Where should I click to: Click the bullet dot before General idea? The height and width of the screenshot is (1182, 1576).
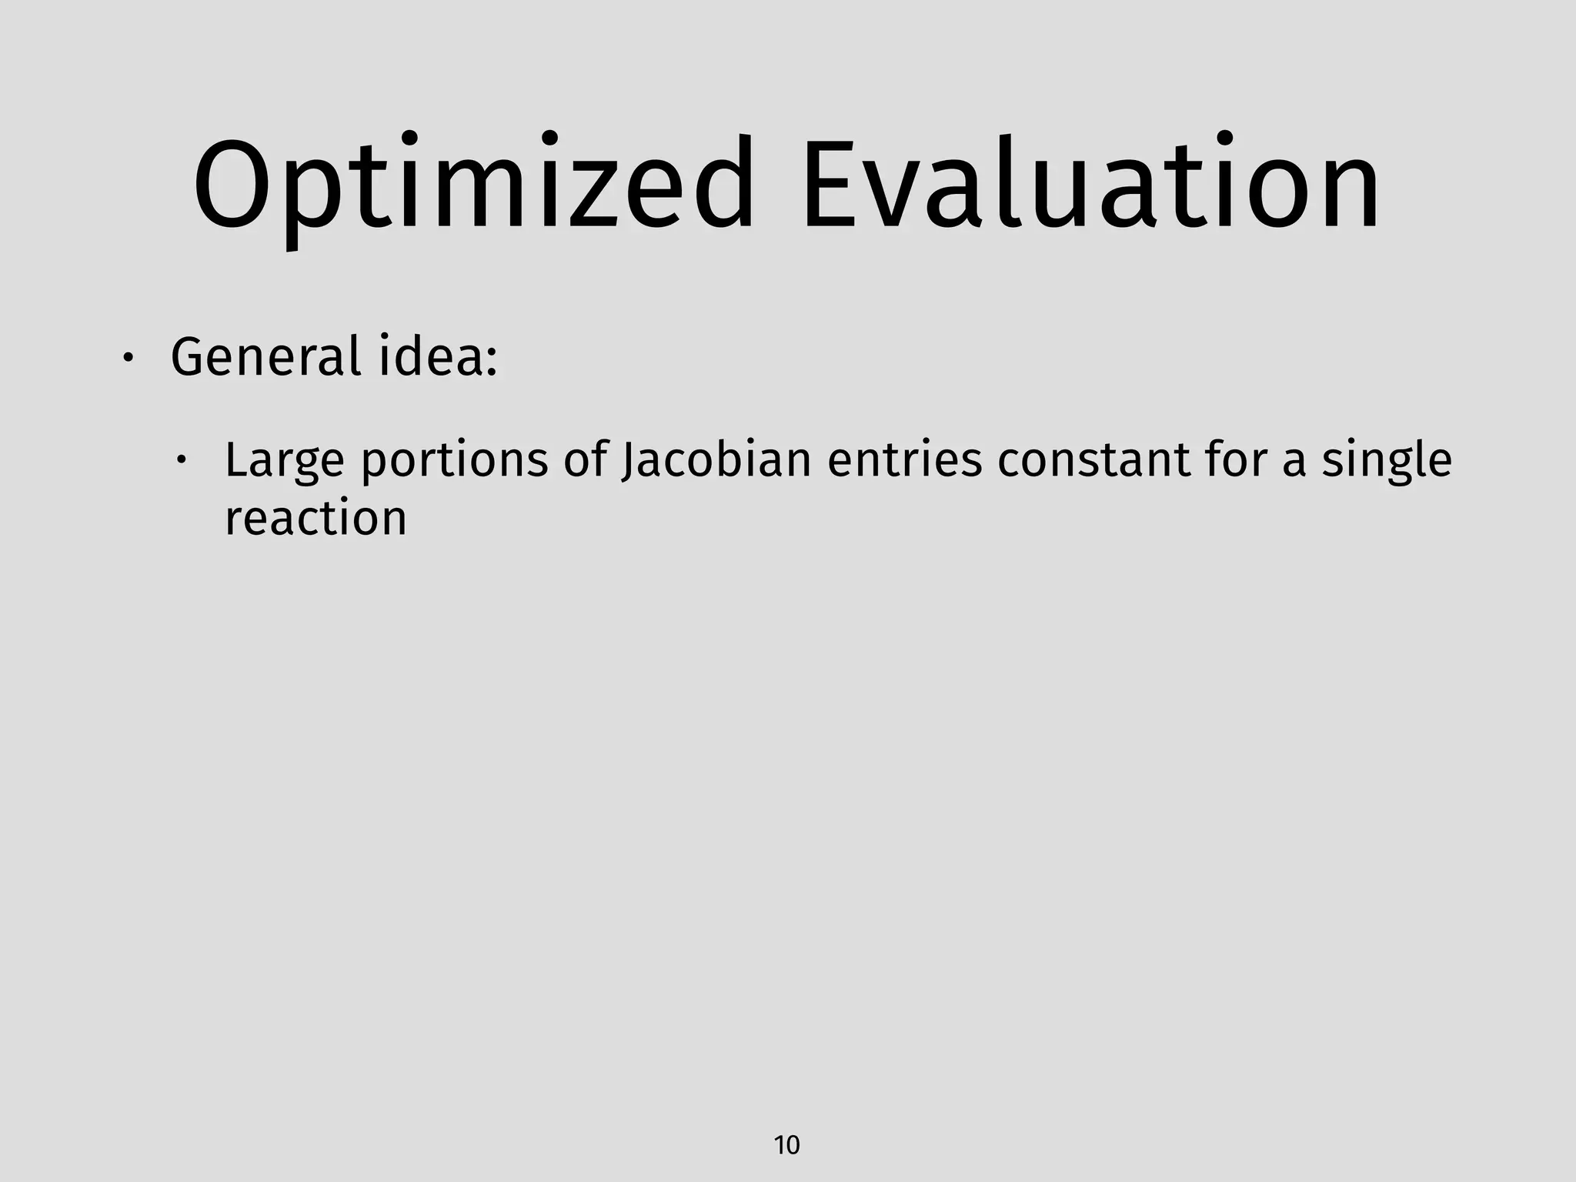tap(129, 359)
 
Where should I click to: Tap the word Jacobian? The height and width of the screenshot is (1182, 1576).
tap(716, 460)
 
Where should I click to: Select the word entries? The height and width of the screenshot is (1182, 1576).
tap(905, 460)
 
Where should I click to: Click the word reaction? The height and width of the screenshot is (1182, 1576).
tap(316, 519)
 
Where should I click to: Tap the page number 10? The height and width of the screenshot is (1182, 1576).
tap(786, 1145)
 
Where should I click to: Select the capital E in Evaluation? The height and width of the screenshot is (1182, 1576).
tap(830, 185)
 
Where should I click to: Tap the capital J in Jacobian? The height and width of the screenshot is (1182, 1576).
tap(628, 460)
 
